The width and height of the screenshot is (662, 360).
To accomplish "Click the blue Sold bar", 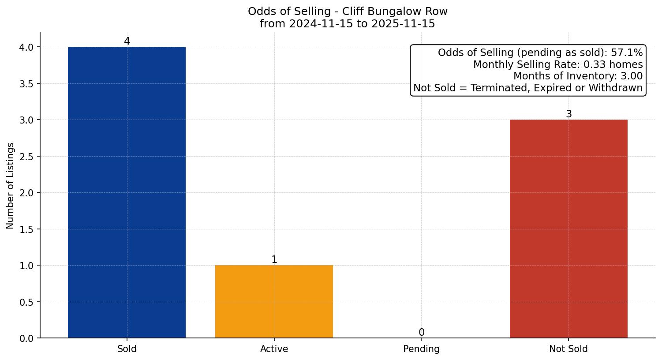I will tap(127, 192).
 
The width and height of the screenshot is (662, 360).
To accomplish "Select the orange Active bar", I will tap(274, 302).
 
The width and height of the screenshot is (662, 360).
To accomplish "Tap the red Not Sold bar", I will tap(568, 229).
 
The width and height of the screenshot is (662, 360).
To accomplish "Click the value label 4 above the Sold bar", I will tap(127, 41).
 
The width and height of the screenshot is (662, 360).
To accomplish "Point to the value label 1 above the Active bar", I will tap(274, 260).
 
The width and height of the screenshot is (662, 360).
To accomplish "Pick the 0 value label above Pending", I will tap(422, 333).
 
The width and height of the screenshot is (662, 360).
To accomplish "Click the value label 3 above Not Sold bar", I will tap(569, 114).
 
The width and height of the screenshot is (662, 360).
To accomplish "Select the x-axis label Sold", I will tap(127, 349).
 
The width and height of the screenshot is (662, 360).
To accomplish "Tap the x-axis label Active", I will tap(274, 349).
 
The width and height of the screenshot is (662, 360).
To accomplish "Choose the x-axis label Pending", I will tap(421, 349).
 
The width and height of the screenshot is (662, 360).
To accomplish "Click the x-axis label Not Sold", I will tap(568, 349).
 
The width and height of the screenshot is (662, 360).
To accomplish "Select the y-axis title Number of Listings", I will tap(11, 185).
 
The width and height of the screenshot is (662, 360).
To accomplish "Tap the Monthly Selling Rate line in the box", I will tap(557, 64).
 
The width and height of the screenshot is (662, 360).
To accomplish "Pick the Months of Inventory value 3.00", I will tap(632, 76).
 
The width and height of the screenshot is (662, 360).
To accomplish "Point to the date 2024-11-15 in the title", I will tap(321, 24).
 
